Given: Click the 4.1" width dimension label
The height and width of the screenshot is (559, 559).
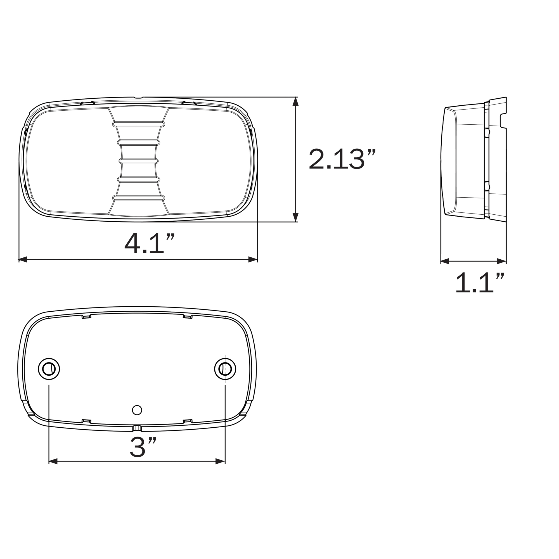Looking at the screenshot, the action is [150, 243].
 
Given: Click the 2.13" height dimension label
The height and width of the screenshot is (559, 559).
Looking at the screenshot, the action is [342, 159].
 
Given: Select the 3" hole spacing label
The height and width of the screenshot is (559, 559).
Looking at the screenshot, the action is [143, 447].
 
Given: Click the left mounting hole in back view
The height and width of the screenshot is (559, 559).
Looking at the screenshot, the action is [49, 369].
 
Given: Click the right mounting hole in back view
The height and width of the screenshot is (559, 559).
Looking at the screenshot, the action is [225, 369].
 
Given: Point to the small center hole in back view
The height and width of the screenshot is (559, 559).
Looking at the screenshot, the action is [137, 410].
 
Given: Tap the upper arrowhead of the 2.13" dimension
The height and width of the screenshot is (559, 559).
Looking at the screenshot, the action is [295, 101].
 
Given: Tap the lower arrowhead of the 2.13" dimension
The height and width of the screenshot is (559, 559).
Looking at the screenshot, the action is [295, 217].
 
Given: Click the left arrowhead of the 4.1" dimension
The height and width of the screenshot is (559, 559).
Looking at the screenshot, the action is [23, 260].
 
